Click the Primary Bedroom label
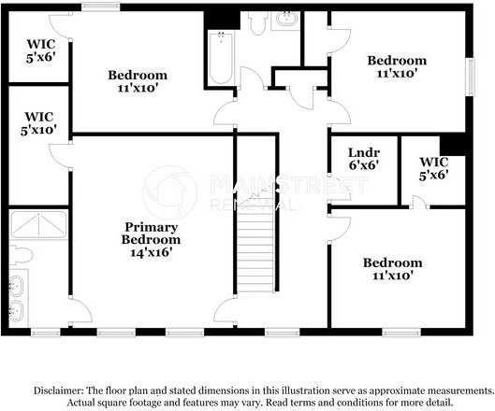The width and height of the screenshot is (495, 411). (151, 233)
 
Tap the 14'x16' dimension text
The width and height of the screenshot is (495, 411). (151, 251)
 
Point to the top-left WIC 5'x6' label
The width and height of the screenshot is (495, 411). (39, 50)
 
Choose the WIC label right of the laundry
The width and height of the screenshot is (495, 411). (433, 167)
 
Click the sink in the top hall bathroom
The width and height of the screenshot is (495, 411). (284, 20)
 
